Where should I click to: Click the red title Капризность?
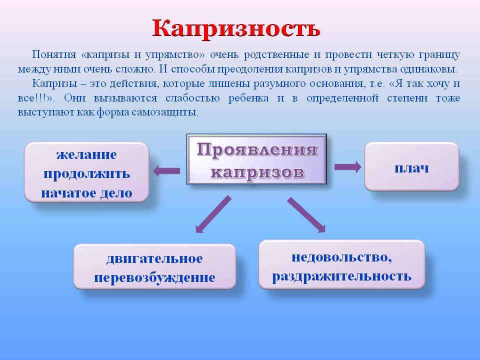[x=236, y=29]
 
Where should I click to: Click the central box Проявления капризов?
[x=256, y=159]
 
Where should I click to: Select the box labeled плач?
[x=411, y=166]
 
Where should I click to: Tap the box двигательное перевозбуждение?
[x=154, y=266]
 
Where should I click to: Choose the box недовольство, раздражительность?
[x=341, y=265]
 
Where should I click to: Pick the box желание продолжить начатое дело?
[x=86, y=172]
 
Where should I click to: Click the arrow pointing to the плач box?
[x=348, y=167]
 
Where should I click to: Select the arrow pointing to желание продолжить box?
[x=166, y=171]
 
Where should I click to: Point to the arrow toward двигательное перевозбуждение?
[x=213, y=214]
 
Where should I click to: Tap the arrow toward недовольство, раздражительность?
[x=306, y=215]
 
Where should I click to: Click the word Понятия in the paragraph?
[x=54, y=54]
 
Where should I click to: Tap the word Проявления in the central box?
[x=257, y=149]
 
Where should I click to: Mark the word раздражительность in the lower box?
[x=341, y=276]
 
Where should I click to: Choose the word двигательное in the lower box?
[x=154, y=258]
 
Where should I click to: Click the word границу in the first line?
[x=439, y=55]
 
